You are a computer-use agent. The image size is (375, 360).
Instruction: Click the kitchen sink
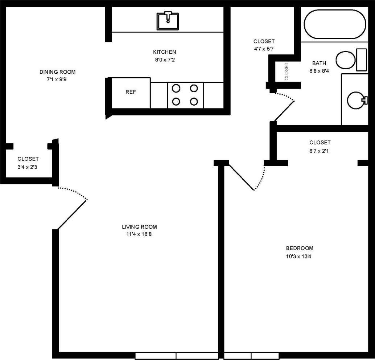(x=168, y=21)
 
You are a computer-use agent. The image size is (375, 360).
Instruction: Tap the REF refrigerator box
(x=131, y=93)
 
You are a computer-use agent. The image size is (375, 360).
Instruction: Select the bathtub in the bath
(x=335, y=24)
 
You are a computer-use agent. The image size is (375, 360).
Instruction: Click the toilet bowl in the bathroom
(x=345, y=60)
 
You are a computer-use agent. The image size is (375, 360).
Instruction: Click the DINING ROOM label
(x=57, y=72)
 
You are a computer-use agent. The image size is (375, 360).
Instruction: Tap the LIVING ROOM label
(x=139, y=227)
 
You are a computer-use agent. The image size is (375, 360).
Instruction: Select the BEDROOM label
(x=300, y=249)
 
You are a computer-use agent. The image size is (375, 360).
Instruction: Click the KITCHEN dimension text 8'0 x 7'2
(x=164, y=60)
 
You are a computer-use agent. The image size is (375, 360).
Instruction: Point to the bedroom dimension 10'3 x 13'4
(x=300, y=257)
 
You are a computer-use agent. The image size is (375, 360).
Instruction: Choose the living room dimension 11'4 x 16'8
(x=139, y=234)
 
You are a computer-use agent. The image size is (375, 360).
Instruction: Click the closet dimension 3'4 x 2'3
(x=28, y=167)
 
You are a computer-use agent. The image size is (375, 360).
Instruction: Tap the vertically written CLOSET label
(x=287, y=71)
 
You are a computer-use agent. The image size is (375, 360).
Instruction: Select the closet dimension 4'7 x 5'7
(x=264, y=49)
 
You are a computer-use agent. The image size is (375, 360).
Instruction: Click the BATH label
(x=319, y=63)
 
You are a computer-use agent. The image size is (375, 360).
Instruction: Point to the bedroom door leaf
(x=240, y=177)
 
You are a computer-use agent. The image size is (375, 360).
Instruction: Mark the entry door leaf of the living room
(x=73, y=214)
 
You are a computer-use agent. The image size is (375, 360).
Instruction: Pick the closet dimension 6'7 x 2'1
(x=320, y=151)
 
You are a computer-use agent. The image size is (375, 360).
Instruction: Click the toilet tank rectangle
(x=362, y=60)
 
